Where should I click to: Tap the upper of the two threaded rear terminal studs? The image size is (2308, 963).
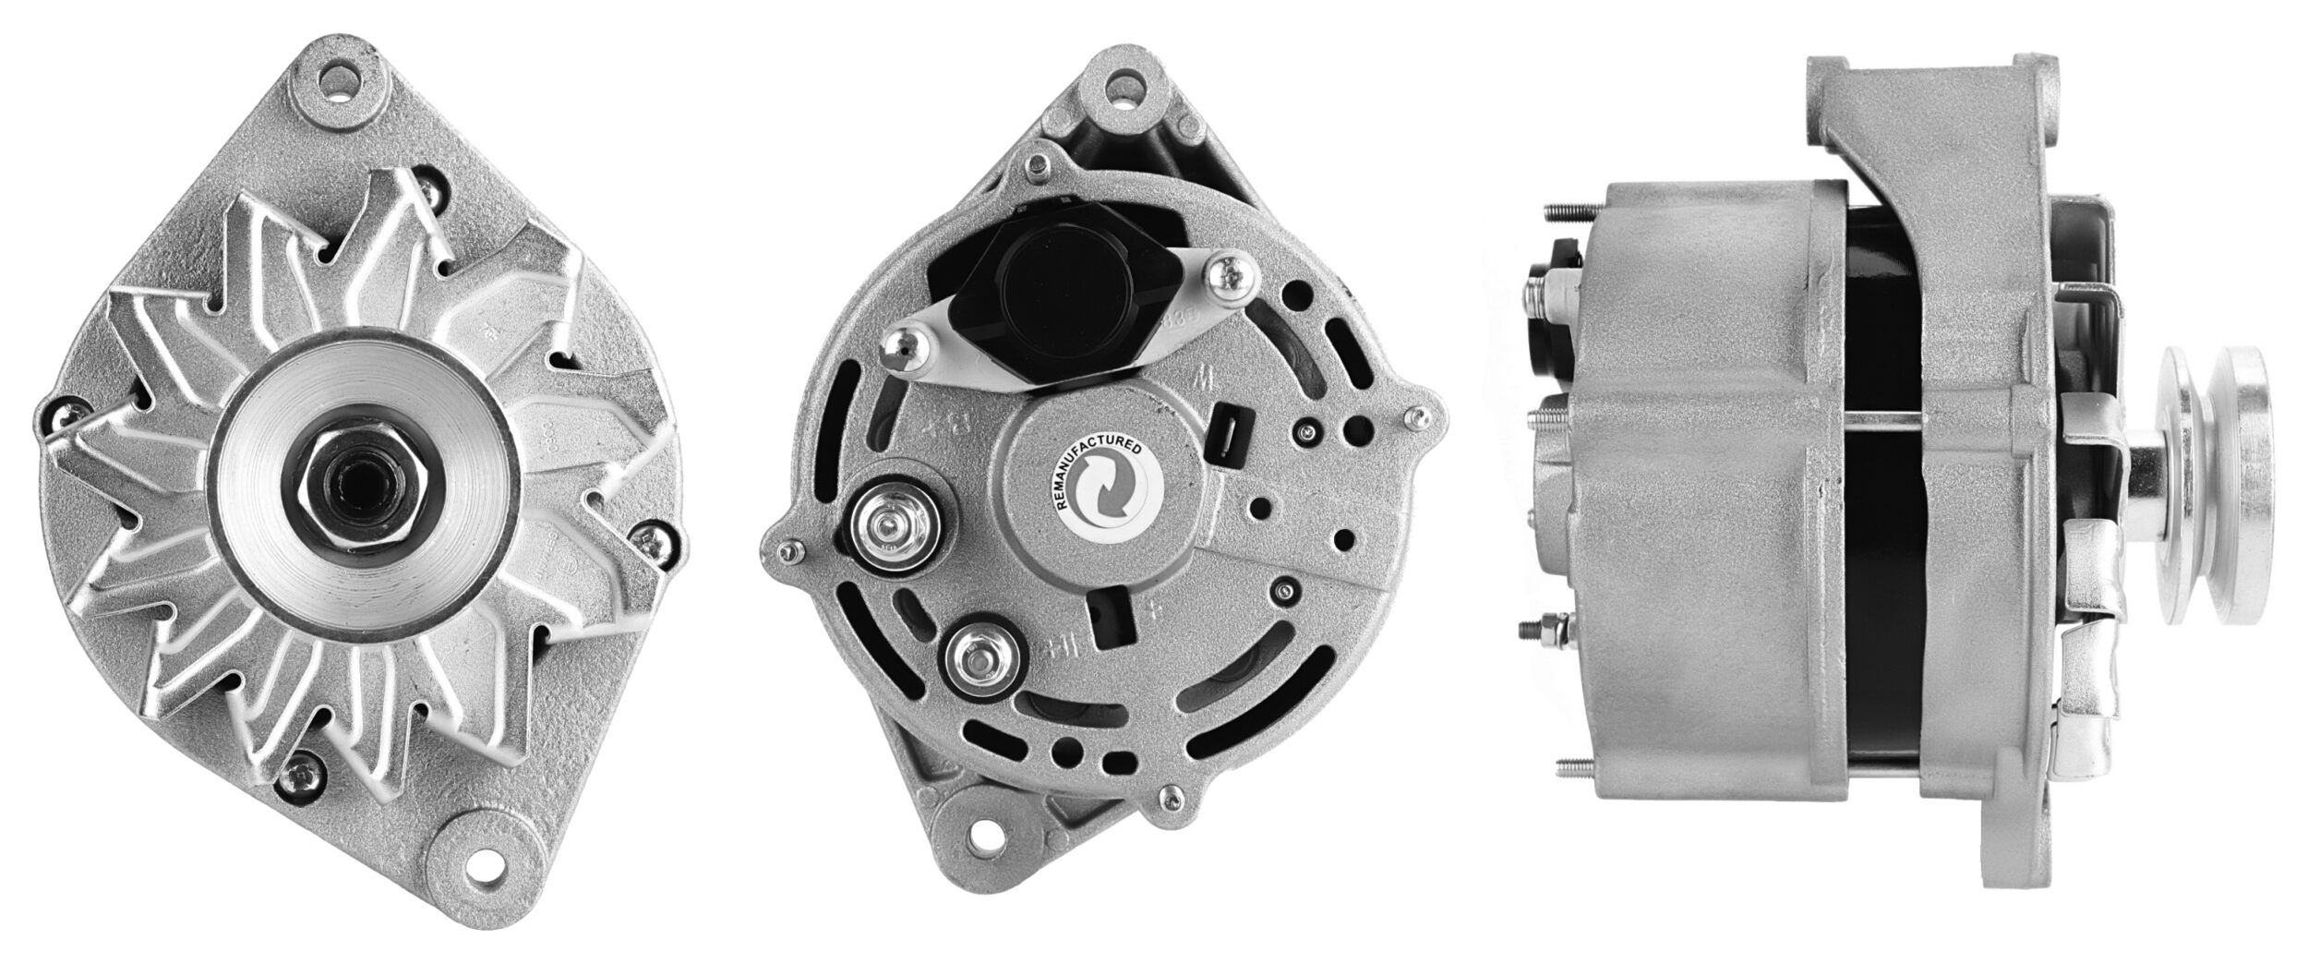887,528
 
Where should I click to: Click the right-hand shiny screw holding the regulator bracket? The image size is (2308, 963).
1229,274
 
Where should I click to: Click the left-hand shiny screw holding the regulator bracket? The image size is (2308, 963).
899,349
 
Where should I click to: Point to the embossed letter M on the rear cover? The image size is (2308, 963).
1200,379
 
